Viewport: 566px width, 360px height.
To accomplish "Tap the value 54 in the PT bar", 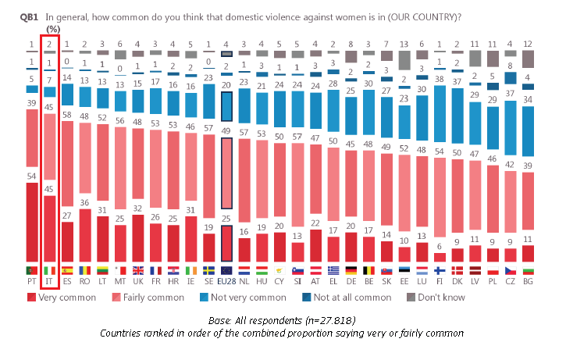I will (31, 177).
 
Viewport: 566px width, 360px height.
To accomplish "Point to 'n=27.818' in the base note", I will (312, 320).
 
